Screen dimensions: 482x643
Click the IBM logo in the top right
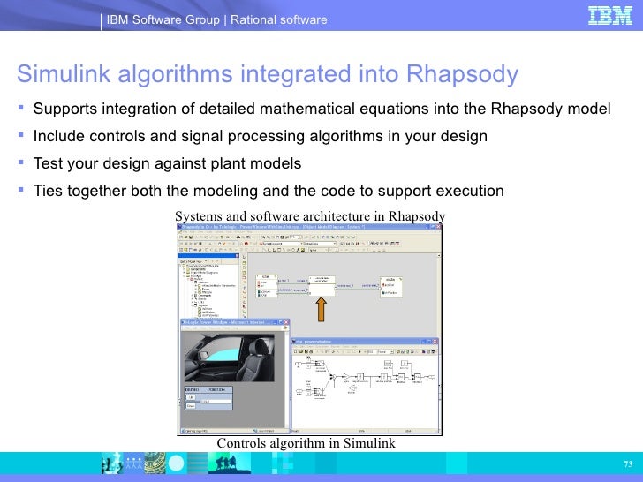[610, 17]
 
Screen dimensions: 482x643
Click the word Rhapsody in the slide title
[462, 75]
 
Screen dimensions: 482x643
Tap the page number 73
[628, 465]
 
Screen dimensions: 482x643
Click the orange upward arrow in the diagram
[322, 309]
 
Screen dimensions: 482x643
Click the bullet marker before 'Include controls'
[19, 136]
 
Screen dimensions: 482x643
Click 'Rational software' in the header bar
[279, 19]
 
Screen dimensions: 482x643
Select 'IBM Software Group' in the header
[164, 19]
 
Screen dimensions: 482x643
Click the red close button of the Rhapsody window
[437, 227]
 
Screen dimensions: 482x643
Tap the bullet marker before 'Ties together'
[19, 190]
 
